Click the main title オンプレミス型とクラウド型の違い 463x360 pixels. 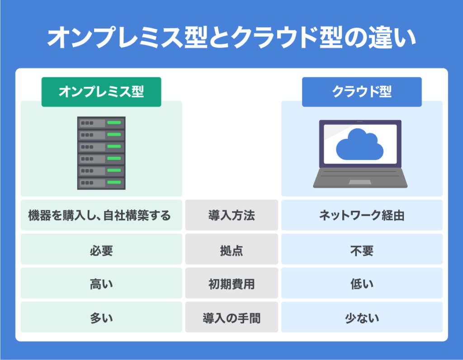(231, 38)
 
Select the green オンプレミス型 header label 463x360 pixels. (101, 92)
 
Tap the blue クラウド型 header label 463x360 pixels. (362, 92)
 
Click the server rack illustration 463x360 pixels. (101, 153)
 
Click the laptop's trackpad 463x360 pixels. (360, 182)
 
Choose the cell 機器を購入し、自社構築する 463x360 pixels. (99, 215)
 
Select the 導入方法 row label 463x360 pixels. (231, 215)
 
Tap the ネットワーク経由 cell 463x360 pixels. (362, 215)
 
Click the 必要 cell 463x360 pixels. (101, 250)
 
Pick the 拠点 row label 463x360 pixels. (231, 250)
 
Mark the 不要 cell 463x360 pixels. (362, 250)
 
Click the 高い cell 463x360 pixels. (101, 284)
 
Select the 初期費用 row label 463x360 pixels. (231, 284)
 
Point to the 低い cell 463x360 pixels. (362, 284)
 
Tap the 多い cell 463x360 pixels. (101, 318)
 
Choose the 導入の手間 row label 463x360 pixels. (231, 318)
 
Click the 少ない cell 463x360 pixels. (362, 318)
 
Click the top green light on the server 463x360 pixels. (114, 123)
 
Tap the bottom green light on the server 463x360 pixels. (114, 183)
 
